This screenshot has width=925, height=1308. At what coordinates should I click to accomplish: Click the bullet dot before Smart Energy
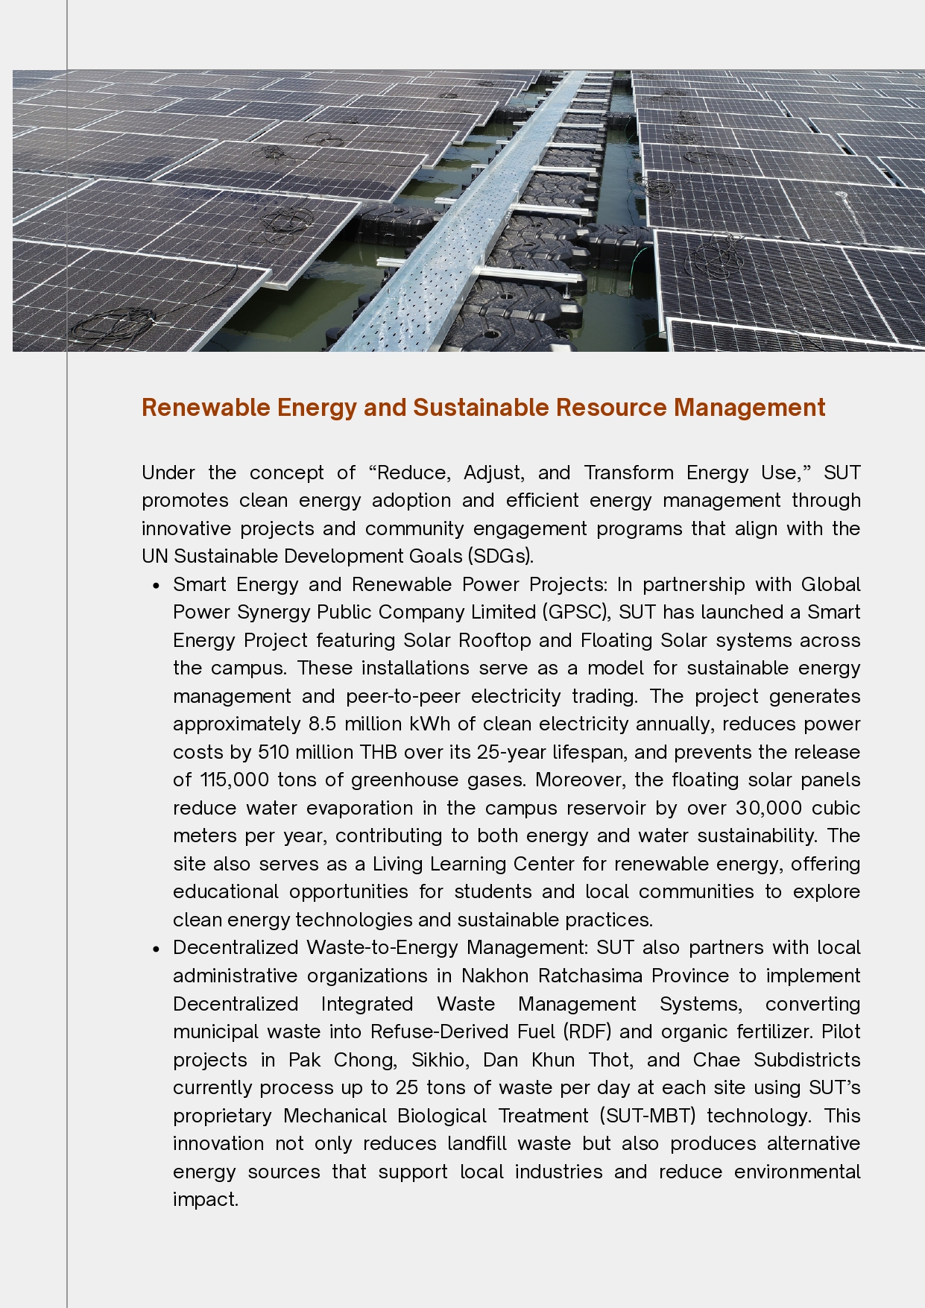pyautogui.click(x=156, y=586)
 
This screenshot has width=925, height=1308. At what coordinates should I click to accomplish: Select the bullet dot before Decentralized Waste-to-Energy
pyautogui.click(x=156, y=949)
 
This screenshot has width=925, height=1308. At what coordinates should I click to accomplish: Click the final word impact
pyautogui.click(x=205, y=1199)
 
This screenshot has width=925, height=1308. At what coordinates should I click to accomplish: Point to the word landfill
pyautogui.click(x=477, y=1143)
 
